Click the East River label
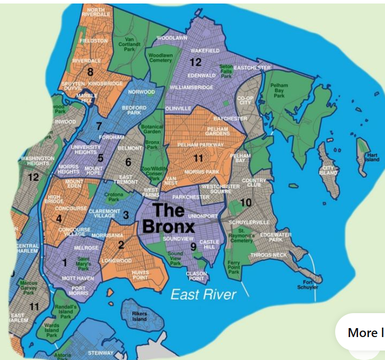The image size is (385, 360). [203, 294]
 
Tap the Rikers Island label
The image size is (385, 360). [139, 316]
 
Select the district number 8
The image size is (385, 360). [90, 72]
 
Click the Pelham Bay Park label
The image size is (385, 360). [279, 90]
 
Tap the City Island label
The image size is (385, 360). [329, 171]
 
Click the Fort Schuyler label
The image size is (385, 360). [307, 284]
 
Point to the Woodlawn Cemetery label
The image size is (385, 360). [160, 57]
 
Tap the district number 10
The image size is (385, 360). [246, 202]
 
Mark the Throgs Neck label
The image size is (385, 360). [268, 255]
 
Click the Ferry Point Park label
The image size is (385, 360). [234, 267]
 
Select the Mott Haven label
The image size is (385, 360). [77, 278]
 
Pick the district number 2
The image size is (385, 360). [121, 244]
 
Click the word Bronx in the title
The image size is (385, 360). [168, 226]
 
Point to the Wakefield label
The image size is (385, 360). [205, 51]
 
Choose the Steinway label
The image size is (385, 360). [100, 353]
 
